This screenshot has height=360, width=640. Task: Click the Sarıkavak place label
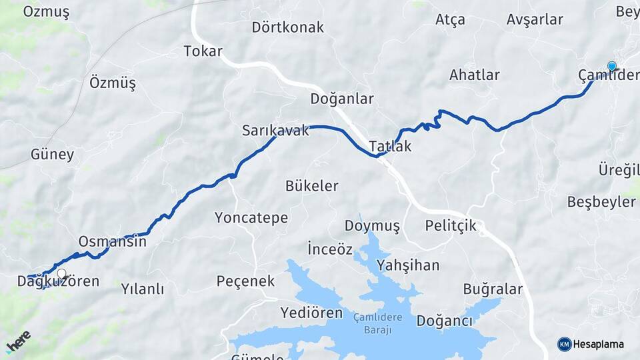(275, 131)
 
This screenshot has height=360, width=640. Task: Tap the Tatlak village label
(390, 147)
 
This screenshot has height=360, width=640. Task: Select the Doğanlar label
(342, 99)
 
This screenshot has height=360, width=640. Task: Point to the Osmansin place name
(112, 241)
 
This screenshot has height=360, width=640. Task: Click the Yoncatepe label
(251, 218)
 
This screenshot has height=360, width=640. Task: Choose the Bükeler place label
(311, 186)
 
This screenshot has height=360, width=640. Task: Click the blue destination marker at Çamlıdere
(612, 66)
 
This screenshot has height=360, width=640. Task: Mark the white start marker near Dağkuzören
(62, 273)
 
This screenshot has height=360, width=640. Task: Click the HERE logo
(19, 341)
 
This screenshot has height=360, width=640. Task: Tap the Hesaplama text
(599, 345)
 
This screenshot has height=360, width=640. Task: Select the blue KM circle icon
(564, 345)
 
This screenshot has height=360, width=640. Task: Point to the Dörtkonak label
(287, 27)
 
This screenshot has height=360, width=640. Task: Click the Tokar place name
(203, 51)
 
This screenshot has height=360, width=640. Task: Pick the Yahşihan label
(408, 265)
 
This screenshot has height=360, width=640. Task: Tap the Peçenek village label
(245, 281)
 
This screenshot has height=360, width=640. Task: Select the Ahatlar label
(474, 75)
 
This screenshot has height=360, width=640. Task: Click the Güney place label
(52, 155)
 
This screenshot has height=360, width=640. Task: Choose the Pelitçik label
(451, 225)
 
